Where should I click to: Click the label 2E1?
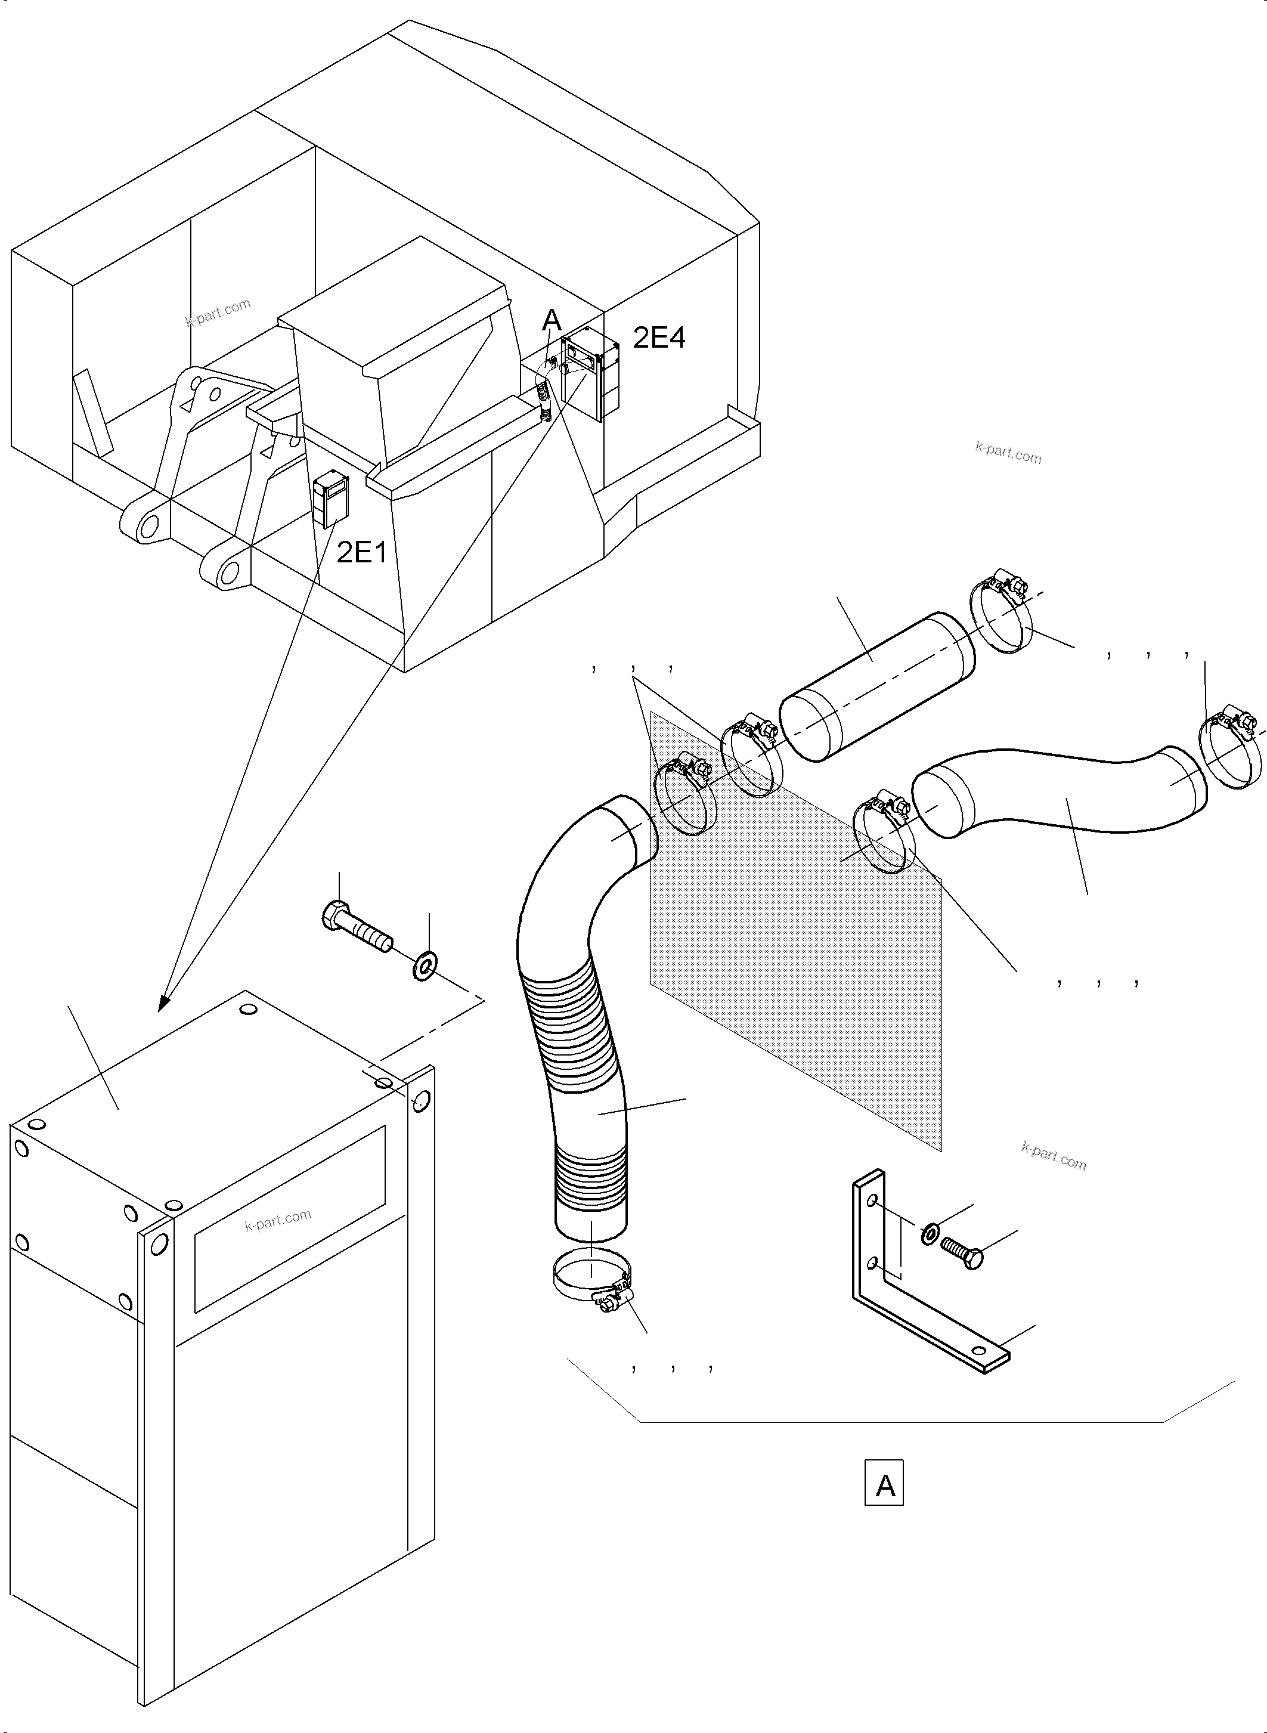[x=362, y=552]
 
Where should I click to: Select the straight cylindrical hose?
[x=876, y=686]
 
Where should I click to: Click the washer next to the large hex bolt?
[x=424, y=967]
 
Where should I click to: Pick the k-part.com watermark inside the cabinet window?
[x=278, y=1219]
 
